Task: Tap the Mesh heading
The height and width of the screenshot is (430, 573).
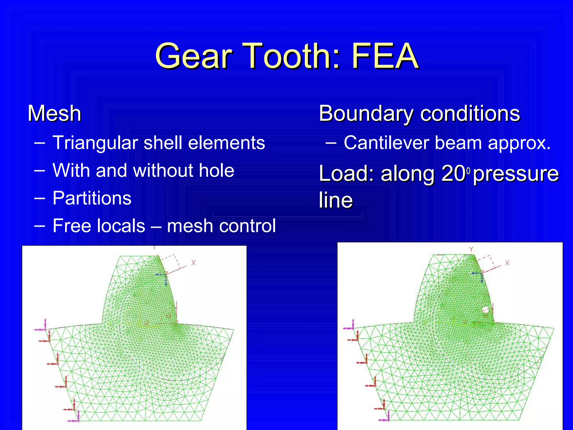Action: [x=55, y=113]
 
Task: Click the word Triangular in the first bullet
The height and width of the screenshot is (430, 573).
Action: [x=95, y=143]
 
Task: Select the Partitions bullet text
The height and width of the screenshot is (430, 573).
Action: [x=92, y=198]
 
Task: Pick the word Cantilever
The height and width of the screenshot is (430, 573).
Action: [x=386, y=143]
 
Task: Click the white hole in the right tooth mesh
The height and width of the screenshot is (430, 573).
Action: [x=485, y=310]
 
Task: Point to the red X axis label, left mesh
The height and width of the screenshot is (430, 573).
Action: [x=193, y=263]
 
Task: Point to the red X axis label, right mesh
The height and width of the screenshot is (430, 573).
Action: [x=507, y=263]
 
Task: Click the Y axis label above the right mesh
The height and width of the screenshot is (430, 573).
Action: [x=471, y=249]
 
